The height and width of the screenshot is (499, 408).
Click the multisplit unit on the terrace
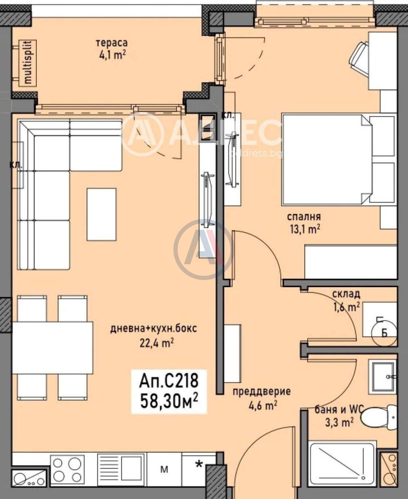click(x=27, y=63)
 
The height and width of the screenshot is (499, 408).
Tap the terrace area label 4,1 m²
click(x=112, y=55)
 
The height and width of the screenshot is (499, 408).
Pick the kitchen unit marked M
click(x=164, y=469)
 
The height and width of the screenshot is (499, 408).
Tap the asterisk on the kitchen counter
click(x=200, y=464)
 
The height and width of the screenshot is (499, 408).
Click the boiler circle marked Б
click(x=384, y=333)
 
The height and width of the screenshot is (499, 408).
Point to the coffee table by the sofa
click(x=101, y=214)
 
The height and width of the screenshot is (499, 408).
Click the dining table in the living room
click(x=53, y=348)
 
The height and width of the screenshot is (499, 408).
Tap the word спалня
click(x=304, y=217)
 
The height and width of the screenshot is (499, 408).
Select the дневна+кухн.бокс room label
click(x=154, y=329)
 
